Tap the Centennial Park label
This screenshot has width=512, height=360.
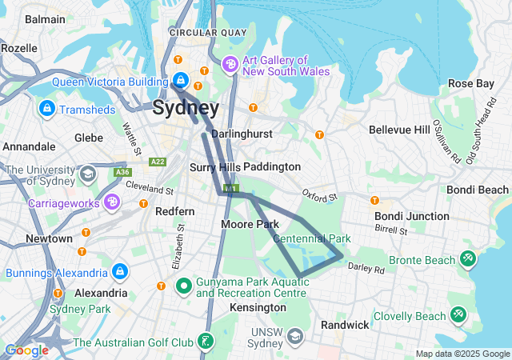pyautogui.click(x=312, y=238)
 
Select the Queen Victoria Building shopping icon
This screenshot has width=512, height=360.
pyautogui.click(x=182, y=81)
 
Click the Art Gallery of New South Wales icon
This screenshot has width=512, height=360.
pyautogui.click(x=230, y=64)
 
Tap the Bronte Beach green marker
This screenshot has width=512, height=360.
pyautogui.click(x=468, y=260)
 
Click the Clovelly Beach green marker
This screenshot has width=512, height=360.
pyautogui.click(x=458, y=316)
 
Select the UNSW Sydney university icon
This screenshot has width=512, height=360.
pyautogui.click(x=295, y=336)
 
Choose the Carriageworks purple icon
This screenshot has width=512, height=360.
pyautogui.click(x=112, y=202)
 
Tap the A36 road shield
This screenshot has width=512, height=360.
pyautogui.click(x=122, y=172)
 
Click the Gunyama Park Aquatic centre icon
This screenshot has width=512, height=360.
pyautogui.click(x=183, y=285)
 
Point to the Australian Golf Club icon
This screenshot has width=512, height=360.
pyautogui.click(x=206, y=342)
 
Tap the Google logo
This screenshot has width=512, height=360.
pyautogui.click(x=26, y=350)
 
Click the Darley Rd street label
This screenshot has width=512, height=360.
pyautogui.click(x=366, y=270)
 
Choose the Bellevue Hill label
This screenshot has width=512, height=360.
pyautogui.click(x=399, y=130)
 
